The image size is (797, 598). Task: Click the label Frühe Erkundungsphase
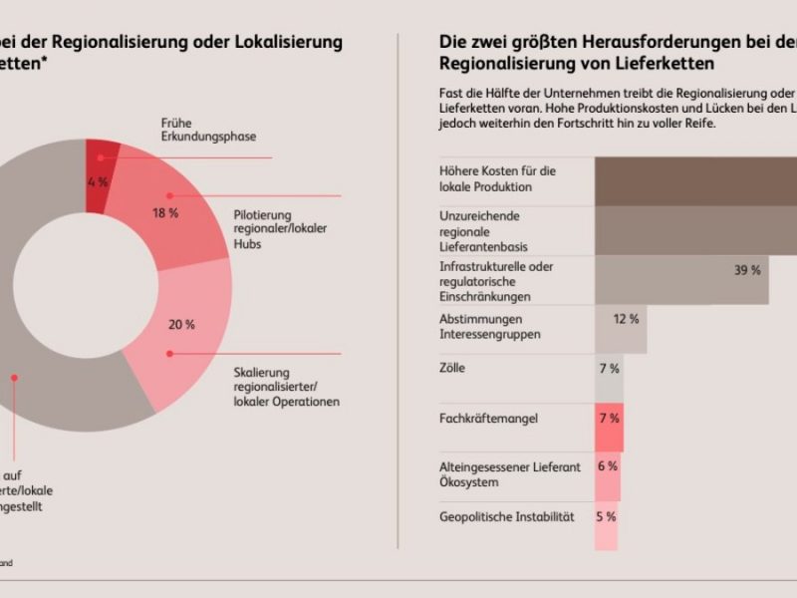200,130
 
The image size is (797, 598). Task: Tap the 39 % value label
747,270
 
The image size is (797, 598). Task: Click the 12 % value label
626,319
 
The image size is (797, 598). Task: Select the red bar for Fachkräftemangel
610,428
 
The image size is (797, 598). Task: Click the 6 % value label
607,466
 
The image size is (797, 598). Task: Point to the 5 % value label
606,516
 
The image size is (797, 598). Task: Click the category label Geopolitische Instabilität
507,516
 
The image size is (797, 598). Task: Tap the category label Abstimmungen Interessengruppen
489,327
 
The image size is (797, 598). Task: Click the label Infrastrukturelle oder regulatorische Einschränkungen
496,281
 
